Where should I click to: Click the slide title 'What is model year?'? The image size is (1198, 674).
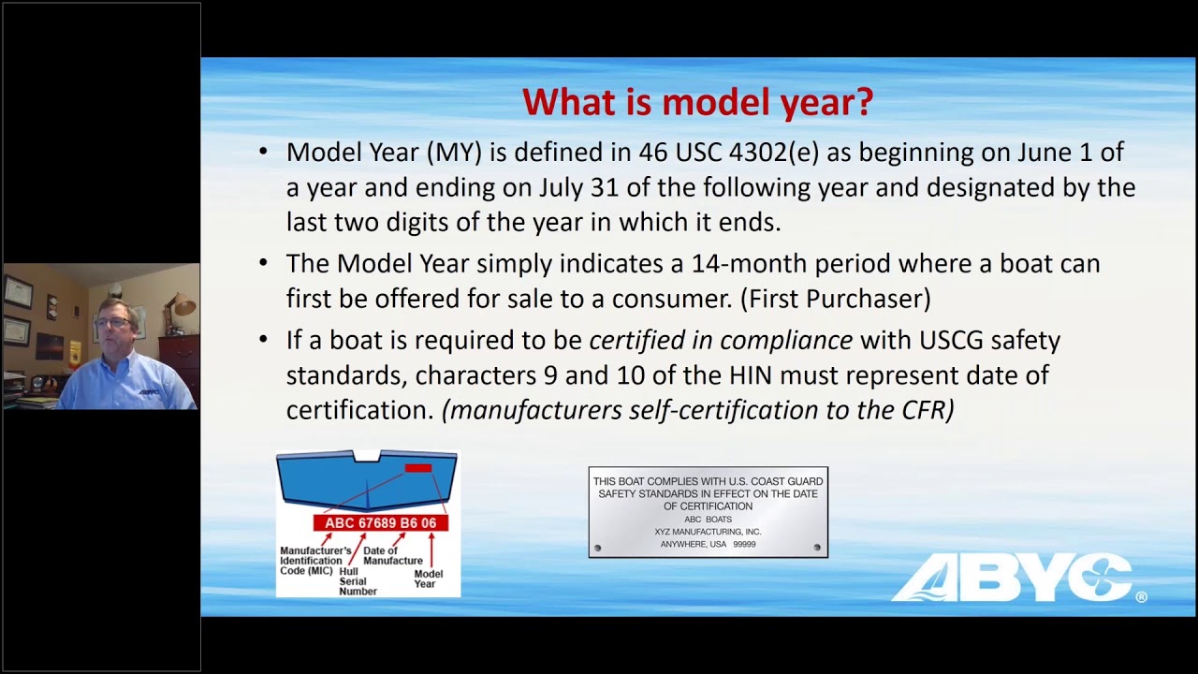pos(697,102)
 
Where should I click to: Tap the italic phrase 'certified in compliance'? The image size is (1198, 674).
pos(721,340)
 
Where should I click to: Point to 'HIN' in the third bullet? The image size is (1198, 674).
pos(752,375)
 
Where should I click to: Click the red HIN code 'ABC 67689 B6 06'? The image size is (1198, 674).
pos(380,523)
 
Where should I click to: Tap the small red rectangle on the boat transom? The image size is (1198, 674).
pos(417,467)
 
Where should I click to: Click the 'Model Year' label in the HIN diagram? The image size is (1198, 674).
pos(428,579)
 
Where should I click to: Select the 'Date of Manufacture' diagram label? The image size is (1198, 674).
pos(392,556)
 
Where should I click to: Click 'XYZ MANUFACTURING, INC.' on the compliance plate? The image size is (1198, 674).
pos(708,532)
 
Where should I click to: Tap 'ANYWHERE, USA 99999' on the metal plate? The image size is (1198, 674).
pos(708,544)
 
